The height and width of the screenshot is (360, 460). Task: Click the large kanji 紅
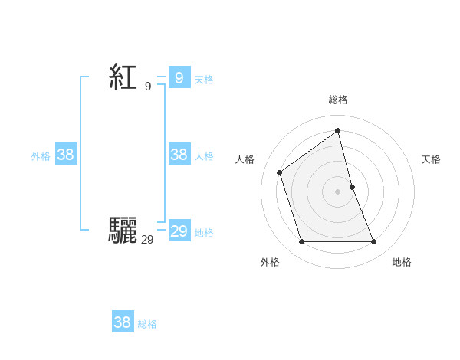coord(123,77)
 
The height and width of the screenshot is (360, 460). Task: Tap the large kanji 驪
coord(123,231)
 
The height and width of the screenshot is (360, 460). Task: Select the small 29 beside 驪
coord(147,240)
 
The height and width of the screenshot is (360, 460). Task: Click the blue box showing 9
coord(179,77)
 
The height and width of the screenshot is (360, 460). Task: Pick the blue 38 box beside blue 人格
coord(179,155)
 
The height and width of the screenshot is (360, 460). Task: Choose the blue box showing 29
coord(179,231)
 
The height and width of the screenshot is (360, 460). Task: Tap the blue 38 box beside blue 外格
coord(66,155)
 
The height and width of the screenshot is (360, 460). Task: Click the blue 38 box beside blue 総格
coord(122,322)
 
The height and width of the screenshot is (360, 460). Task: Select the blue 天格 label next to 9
coord(204,79)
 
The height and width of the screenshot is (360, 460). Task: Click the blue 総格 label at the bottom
coord(147,324)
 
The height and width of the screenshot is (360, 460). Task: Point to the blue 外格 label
coord(41,156)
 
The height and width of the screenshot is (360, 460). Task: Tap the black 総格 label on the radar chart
coord(338,100)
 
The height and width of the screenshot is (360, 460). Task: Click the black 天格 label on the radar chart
coord(431,159)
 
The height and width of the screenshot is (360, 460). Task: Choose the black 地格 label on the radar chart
coord(402,262)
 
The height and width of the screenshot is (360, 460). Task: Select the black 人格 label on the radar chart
coord(245,159)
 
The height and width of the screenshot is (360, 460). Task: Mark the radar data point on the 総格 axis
coord(338,130)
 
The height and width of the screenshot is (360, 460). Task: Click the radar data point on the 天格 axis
coord(352,186)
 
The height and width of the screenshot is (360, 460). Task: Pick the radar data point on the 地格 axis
coord(374,242)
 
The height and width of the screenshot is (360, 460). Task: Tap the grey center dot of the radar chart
coord(338,191)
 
